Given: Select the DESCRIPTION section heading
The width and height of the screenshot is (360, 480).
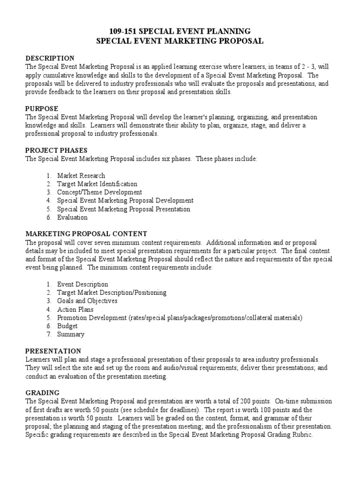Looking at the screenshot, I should [50, 58].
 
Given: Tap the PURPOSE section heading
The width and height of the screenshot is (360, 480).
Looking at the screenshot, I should [42, 108].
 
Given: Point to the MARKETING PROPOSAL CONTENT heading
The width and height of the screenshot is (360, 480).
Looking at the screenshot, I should [86, 233].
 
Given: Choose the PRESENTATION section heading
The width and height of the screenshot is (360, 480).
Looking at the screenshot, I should [53, 351].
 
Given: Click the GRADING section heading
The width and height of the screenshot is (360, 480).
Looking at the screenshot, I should [42, 393].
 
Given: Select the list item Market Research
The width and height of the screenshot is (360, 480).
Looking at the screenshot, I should [81, 176].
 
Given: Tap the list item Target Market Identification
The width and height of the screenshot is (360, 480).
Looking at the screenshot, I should [97, 184].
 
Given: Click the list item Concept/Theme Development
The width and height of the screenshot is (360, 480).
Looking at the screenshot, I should [99, 192].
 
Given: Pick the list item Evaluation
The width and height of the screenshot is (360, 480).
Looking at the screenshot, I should [72, 217].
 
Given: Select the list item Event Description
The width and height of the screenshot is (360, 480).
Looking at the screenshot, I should [82, 284].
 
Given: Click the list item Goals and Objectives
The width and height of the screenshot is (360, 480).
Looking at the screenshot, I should [87, 301].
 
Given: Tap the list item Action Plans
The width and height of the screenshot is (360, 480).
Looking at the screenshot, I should [75, 309].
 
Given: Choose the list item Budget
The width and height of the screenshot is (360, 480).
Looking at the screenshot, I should [67, 326].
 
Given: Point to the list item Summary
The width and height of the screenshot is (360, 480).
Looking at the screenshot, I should [70, 334].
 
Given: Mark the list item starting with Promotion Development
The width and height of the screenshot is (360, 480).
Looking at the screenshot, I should [180, 318].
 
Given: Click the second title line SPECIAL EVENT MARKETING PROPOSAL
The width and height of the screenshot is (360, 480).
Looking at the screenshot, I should [180, 41].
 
